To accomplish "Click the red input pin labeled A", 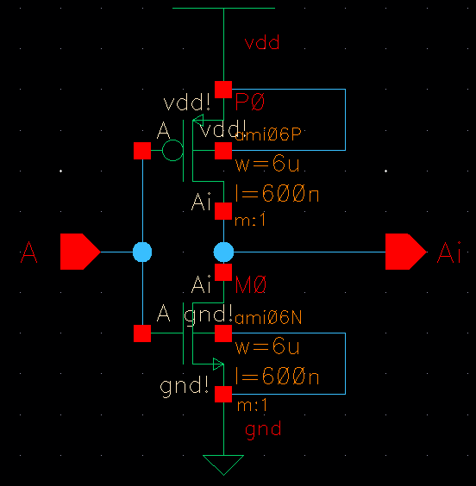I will pos(79,252).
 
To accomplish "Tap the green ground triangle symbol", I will pos(223,464).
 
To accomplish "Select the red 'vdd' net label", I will pos(263,42).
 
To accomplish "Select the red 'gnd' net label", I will pos(263,429).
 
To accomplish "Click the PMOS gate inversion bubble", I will pos(172,152).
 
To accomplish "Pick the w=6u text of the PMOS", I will pos(267,164).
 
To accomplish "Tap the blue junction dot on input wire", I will pos(142,252).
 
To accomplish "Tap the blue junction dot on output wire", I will pos(223,252).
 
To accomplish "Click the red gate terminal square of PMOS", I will pos(142,152).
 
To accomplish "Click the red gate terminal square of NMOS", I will pos(142,333).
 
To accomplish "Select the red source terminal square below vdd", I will pos(223,89).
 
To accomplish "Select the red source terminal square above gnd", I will pos(223,394).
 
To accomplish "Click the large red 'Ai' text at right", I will pos(449,253).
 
